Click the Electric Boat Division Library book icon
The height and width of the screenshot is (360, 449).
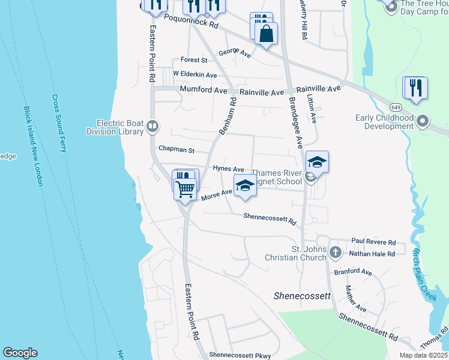click(152, 127)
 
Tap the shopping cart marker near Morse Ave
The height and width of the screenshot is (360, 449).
click(185, 188)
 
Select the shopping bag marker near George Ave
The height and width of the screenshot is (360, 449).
click(267, 34)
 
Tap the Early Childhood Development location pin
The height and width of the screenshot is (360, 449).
click(423, 122)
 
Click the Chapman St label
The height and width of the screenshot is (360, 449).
click(176, 149)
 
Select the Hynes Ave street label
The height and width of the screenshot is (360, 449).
click(228, 170)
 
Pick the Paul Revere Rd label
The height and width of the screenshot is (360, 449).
click(373, 242)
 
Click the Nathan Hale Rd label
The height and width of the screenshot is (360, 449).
click(372, 254)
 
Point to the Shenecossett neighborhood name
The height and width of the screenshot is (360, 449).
click(302, 296)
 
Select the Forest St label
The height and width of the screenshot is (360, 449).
click(194, 60)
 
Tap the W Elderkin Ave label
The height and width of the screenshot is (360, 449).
click(195, 74)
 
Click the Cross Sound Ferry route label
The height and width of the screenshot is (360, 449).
click(59, 123)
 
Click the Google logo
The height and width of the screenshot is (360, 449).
click(20, 353)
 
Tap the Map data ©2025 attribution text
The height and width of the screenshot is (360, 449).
click(423, 355)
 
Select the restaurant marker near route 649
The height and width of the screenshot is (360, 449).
click(415, 88)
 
